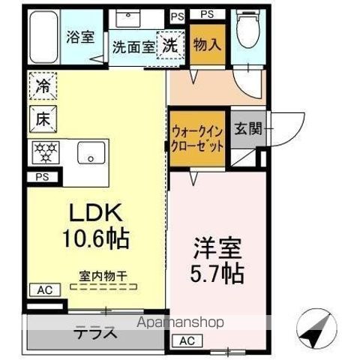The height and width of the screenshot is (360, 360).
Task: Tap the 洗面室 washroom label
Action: (133, 46)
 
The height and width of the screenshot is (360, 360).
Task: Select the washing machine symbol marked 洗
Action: (169, 44)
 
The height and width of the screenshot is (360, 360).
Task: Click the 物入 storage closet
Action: (206, 44)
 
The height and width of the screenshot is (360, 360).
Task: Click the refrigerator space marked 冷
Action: (43, 87)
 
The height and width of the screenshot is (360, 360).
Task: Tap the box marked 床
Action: (43, 118)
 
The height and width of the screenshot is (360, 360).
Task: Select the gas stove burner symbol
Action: (44, 152)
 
